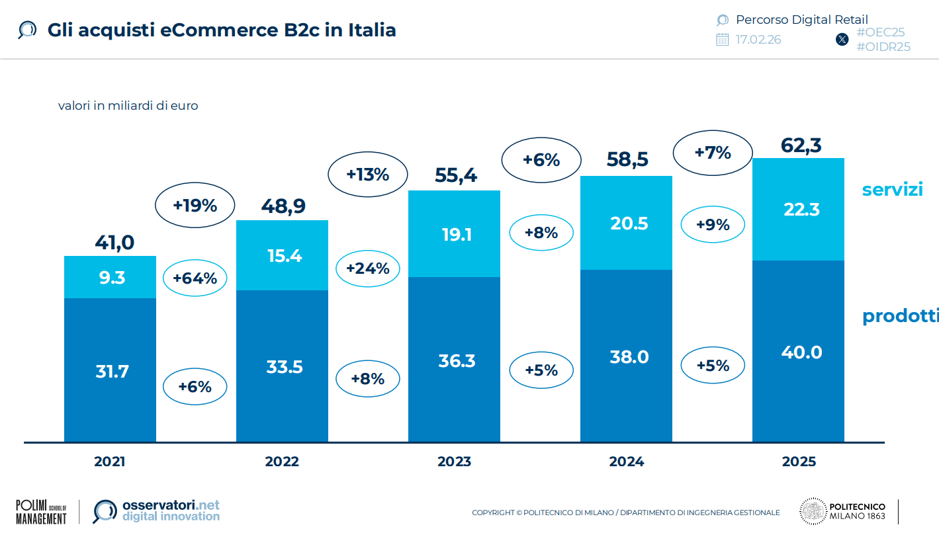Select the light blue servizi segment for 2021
click(x=110, y=277)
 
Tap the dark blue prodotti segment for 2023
click(x=454, y=360)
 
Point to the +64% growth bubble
click(x=195, y=278)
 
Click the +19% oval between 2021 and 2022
click(x=195, y=206)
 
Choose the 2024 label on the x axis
click(x=626, y=462)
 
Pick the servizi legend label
click(x=892, y=189)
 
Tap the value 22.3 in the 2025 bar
click(x=801, y=210)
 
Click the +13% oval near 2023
click(x=367, y=175)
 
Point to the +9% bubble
click(x=713, y=225)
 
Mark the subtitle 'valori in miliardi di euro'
click(x=128, y=105)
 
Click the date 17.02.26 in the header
click(x=758, y=40)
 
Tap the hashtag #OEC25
click(x=880, y=32)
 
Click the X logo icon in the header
click(x=842, y=40)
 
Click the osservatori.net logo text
click(x=171, y=511)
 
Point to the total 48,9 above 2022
click(x=283, y=206)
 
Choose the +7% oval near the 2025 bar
click(x=713, y=153)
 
